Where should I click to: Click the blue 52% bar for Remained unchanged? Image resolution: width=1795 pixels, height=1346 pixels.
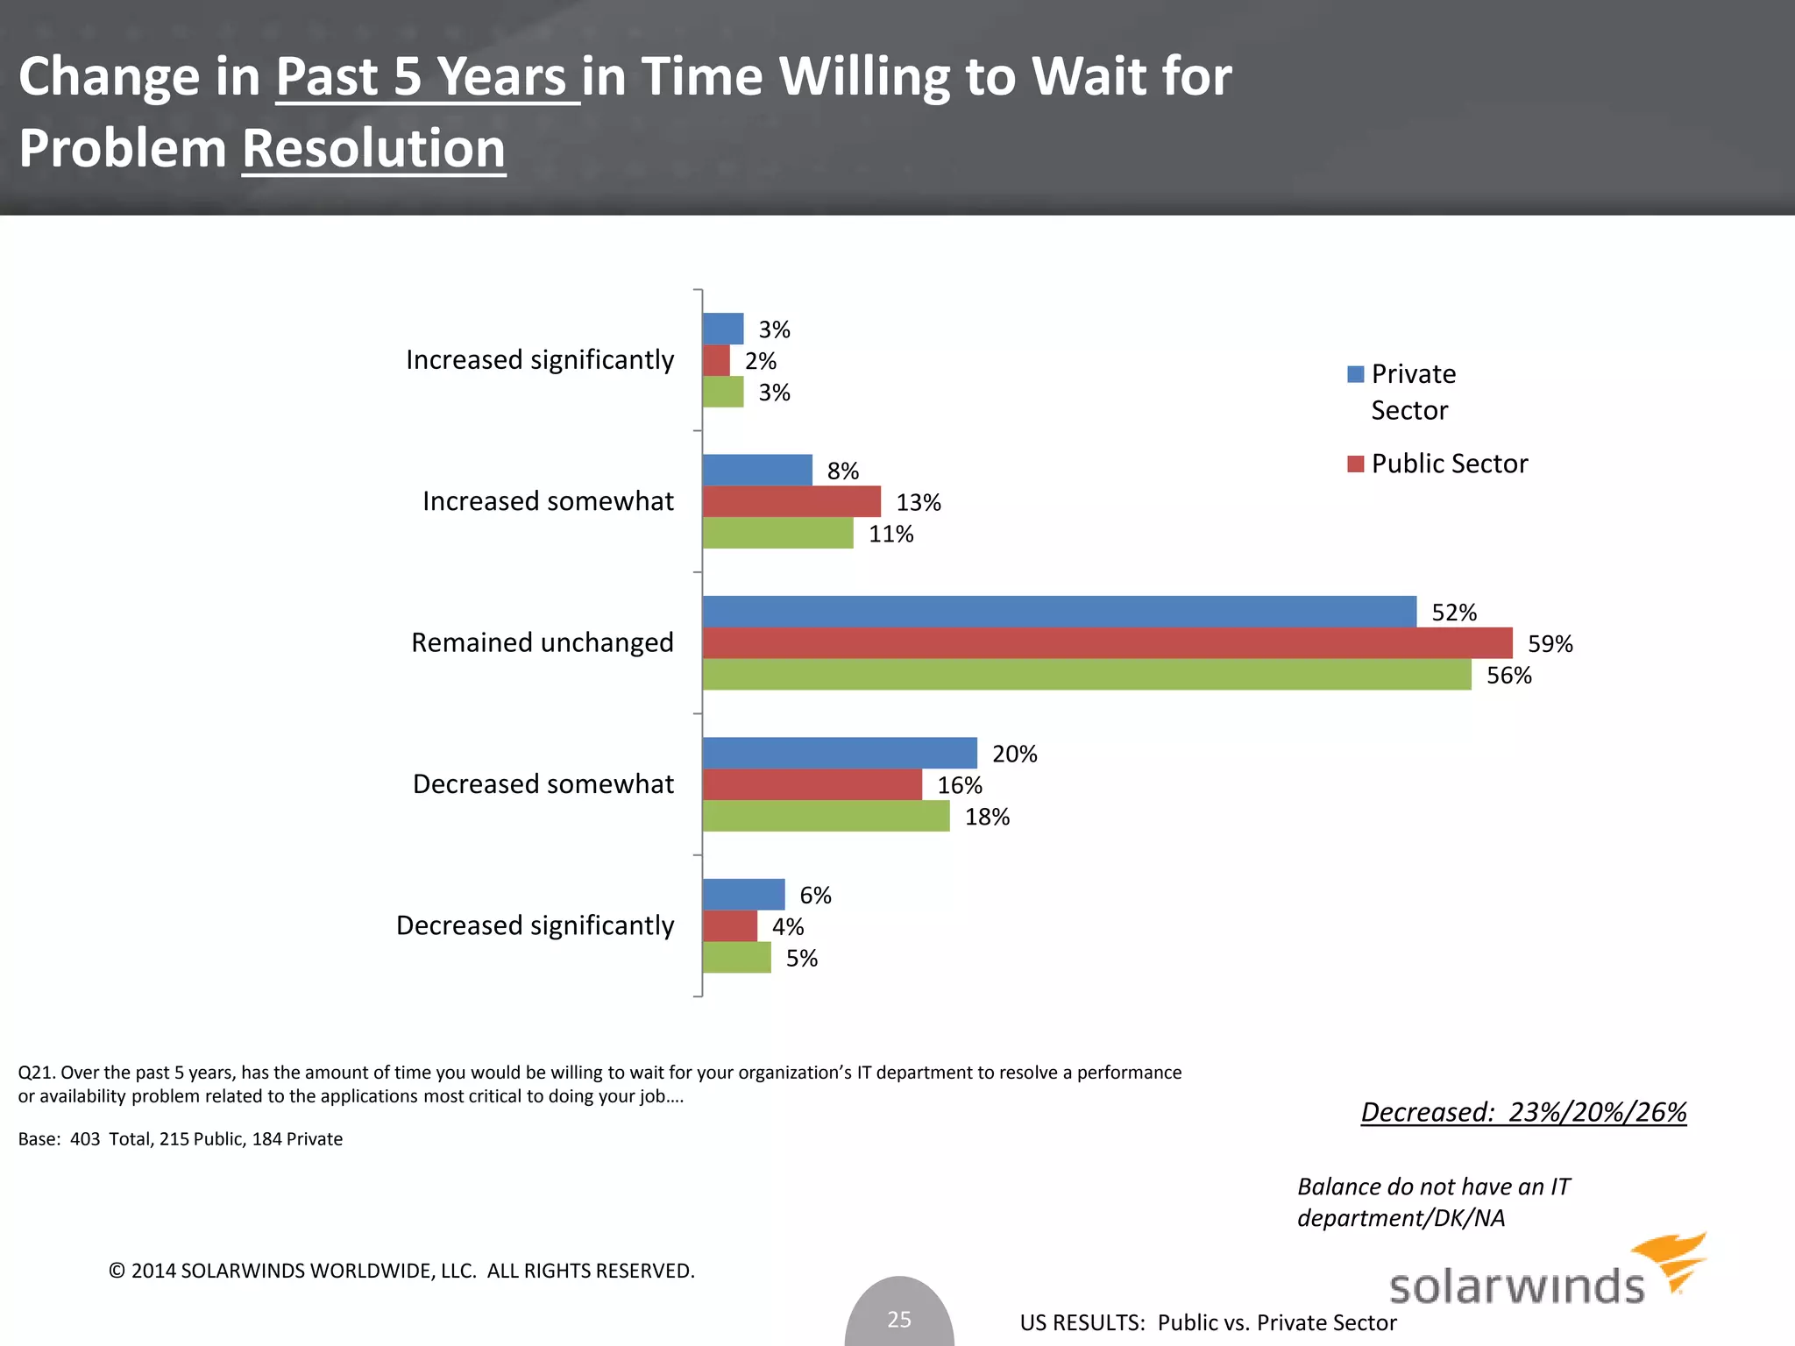(1059, 612)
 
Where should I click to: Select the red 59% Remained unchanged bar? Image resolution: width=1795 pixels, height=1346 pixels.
(1107, 643)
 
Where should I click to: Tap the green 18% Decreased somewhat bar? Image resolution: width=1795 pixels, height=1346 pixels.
(826, 816)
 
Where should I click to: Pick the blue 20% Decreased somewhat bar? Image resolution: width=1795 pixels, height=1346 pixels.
(840, 753)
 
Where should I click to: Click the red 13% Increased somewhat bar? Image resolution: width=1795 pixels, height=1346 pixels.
(791, 502)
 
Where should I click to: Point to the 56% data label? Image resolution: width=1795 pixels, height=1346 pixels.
(1508, 676)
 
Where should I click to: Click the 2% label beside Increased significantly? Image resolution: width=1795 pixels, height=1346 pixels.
(760, 361)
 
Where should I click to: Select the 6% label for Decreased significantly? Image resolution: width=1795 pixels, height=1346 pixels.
(815, 895)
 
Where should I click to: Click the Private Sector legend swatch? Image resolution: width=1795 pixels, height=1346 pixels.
(1355, 374)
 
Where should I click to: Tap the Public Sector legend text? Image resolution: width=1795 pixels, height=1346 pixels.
(1449, 464)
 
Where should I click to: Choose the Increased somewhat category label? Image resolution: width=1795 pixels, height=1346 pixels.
(548, 501)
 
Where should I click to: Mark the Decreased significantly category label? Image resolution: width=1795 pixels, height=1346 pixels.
(535, 925)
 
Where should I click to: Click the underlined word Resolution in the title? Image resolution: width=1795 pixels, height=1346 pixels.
(373, 148)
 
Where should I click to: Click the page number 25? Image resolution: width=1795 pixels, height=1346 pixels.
(899, 1319)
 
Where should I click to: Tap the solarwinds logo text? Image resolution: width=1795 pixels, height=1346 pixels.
(1516, 1286)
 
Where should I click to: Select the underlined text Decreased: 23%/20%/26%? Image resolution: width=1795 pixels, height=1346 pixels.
(1523, 1112)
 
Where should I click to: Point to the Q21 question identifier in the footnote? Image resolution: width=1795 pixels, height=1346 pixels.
(35, 1073)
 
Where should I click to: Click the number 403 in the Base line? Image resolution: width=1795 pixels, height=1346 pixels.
(85, 1139)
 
